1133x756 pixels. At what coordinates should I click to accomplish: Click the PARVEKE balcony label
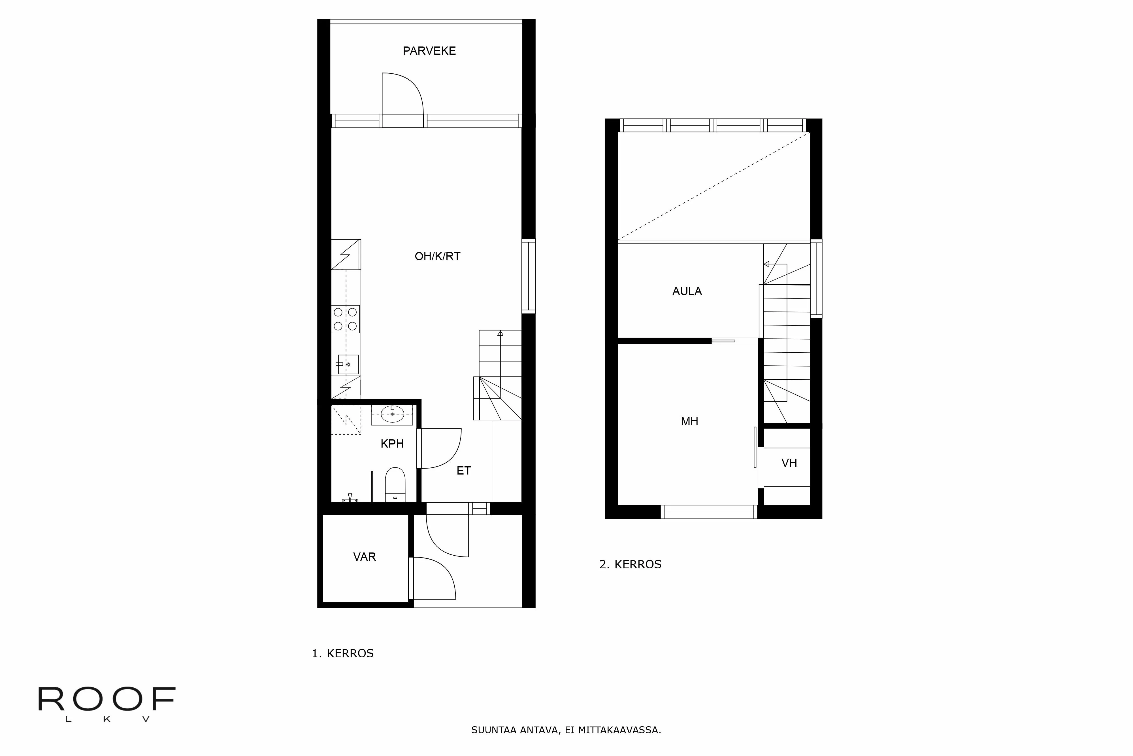point(429,51)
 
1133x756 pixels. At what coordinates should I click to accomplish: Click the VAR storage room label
point(364,557)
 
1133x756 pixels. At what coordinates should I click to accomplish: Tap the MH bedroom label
point(689,422)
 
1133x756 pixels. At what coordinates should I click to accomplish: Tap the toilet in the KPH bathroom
point(395,484)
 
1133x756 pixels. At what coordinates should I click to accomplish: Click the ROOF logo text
point(107,700)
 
